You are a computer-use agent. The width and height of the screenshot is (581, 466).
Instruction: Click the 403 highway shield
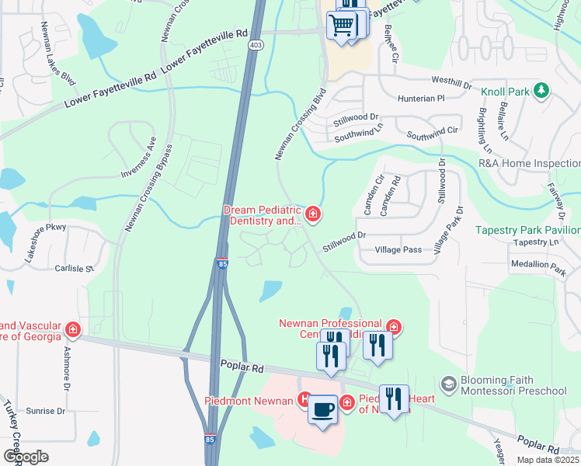(255, 45)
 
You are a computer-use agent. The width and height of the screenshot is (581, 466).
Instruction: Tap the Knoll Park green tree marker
(542, 92)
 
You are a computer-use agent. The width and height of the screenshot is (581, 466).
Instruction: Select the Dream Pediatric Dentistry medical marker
(313, 213)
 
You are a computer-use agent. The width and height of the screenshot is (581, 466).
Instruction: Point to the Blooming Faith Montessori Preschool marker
(447, 384)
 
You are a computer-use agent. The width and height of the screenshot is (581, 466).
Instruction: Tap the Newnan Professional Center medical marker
(394, 328)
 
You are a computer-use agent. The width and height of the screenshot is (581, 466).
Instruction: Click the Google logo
(26, 457)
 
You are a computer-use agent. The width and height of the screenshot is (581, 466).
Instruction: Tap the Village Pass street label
(398, 250)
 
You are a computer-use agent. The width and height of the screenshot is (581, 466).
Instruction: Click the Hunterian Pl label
(419, 99)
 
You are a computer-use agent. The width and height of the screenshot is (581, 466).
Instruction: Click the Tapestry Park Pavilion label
(527, 231)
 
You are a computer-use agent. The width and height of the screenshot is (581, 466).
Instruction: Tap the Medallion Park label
(538, 264)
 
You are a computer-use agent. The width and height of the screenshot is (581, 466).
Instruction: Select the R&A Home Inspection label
(529, 164)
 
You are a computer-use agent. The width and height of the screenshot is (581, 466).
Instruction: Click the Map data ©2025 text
(547, 460)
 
